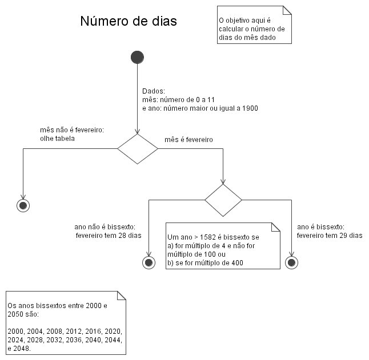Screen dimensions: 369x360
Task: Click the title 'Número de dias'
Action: [129, 21]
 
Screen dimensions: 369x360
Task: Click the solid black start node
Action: [138, 57]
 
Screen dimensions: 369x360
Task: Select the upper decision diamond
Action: [138, 149]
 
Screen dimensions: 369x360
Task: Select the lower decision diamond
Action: [223, 200]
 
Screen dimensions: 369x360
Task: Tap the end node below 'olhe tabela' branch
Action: [23, 205]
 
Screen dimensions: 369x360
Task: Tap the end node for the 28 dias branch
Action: [149, 262]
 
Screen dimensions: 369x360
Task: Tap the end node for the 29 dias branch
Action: [291, 262]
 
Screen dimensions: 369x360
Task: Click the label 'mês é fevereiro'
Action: [188, 140]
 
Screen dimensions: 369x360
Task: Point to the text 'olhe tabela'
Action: [58, 139]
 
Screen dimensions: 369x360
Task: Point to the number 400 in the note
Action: [237, 263]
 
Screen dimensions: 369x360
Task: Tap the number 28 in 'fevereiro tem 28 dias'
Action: [122, 236]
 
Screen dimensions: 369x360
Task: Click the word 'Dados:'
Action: [154, 91]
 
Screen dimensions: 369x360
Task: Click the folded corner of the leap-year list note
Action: [122, 296]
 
